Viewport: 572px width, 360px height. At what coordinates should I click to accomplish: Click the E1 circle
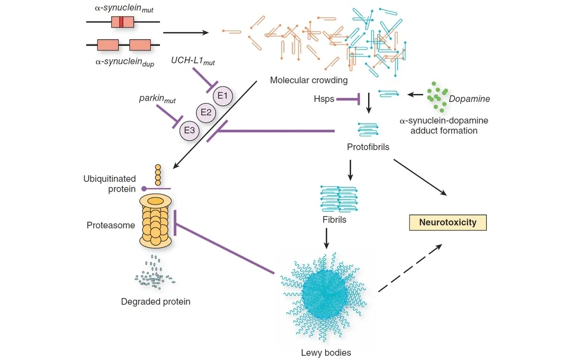[x=223, y=96]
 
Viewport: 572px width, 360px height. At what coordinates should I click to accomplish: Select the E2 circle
[x=206, y=112]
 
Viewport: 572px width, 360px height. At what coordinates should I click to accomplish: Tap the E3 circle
[x=190, y=129]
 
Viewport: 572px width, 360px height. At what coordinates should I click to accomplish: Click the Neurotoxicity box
[x=448, y=222]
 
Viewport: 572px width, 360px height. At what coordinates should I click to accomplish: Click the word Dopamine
[x=469, y=99]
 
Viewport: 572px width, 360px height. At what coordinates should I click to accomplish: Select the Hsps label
[x=324, y=98]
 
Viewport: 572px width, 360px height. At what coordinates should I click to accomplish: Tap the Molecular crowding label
[x=309, y=80]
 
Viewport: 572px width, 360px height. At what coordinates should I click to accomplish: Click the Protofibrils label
[x=368, y=147]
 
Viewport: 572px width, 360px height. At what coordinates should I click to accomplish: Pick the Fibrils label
[x=334, y=219]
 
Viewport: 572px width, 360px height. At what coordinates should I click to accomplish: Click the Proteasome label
[x=111, y=226]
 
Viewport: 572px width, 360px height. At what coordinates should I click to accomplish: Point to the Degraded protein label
[x=156, y=302]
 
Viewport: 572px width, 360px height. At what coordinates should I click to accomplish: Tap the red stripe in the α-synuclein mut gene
[x=121, y=22]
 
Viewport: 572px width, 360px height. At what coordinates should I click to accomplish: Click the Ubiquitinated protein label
[x=110, y=184]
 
